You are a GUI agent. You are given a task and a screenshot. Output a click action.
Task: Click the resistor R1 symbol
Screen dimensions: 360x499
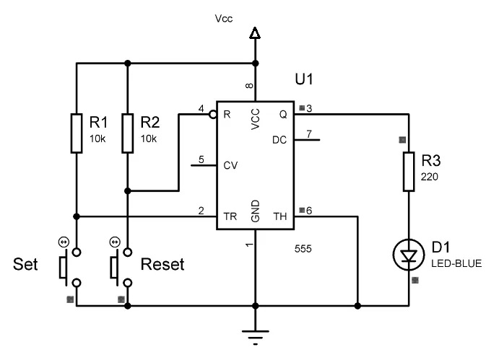[77, 132]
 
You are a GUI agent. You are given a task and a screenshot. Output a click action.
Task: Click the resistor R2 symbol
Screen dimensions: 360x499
[127, 132]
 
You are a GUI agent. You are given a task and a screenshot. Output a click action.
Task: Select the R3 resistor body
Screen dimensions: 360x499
[409, 171]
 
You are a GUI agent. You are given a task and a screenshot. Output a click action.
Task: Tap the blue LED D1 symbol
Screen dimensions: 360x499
[409, 254]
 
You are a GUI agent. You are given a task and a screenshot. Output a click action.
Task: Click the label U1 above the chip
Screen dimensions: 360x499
[305, 77]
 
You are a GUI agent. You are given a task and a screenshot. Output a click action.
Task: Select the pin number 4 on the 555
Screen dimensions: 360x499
[201, 109]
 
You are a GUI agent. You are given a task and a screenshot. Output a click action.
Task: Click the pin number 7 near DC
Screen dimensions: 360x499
[309, 135]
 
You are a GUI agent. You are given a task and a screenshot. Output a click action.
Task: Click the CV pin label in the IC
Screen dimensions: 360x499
[230, 165]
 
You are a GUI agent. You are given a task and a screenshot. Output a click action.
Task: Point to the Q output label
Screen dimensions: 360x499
[282, 115]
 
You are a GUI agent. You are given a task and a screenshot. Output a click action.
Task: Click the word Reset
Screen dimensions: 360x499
[162, 265]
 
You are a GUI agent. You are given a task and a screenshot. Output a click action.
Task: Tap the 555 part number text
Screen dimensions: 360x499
[303, 249]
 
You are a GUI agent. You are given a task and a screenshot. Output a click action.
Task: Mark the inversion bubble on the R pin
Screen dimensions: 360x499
[213, 115]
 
